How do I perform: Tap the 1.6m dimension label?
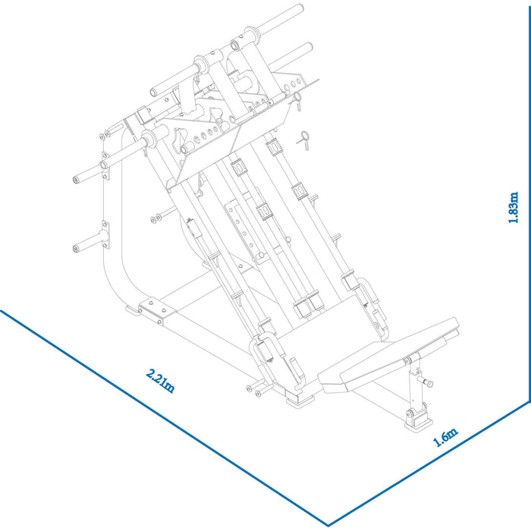(x=446, y=438)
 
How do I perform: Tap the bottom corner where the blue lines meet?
(x=328, y=524)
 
